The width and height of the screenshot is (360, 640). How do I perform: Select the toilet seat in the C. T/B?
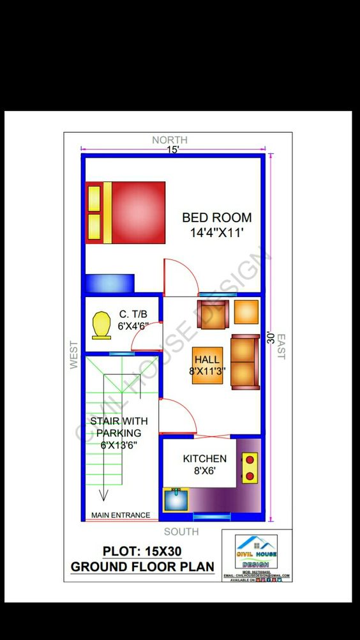[101, 325]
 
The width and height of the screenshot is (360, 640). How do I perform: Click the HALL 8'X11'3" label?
[207, 365]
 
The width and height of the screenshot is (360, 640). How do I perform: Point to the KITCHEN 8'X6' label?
[204, 464]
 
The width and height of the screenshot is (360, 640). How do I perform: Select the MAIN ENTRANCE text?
[121, 515]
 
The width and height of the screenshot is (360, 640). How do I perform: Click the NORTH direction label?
[170, 140]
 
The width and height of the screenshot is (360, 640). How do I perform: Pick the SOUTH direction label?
[181, 531]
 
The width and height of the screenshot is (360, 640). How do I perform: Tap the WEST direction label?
[73, 354]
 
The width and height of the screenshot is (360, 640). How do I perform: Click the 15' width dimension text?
[173, 149]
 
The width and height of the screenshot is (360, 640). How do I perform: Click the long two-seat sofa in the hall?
[244, 361]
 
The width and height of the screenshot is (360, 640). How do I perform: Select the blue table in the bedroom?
[109, 283]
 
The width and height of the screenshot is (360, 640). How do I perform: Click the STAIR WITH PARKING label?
[119, 432]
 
